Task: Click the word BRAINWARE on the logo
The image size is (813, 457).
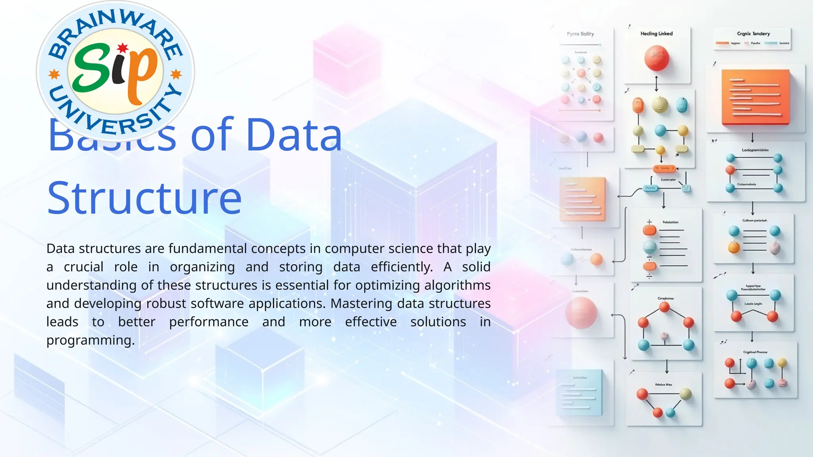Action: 115,30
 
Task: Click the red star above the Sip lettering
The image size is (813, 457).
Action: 123,48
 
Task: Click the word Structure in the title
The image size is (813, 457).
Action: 144,198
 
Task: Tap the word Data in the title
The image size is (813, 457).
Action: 294,135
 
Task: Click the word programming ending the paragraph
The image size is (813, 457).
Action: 91,340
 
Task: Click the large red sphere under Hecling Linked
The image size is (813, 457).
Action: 656,58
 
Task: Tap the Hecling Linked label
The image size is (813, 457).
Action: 656,34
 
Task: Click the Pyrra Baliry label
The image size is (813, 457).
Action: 580,34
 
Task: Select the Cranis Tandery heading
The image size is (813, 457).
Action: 753,34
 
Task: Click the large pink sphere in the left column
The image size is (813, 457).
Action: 581,313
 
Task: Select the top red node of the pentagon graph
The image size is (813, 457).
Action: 665,307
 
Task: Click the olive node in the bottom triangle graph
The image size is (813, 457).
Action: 686,394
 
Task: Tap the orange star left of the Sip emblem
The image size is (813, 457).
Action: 54,74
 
